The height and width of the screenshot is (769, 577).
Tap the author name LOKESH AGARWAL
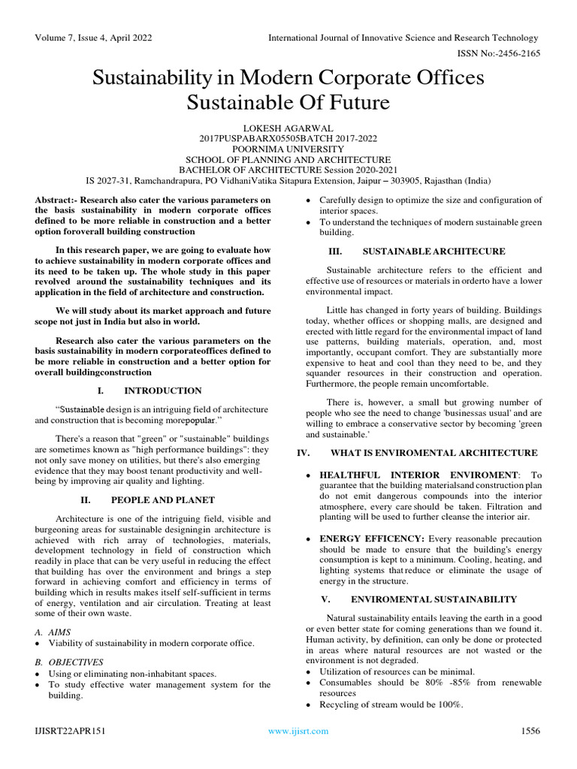tap(288, 128)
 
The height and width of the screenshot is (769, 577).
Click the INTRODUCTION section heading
tap(162, 391)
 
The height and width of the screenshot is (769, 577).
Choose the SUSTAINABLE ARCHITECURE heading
tap(434, 251)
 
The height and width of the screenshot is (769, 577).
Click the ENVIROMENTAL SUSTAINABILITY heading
tap(434, 599)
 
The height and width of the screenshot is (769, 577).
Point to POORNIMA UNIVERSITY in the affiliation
tap(288, 149)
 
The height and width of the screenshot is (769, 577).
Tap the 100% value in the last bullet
tap(451, 704)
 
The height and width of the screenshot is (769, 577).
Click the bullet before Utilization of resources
tap(311, 671)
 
